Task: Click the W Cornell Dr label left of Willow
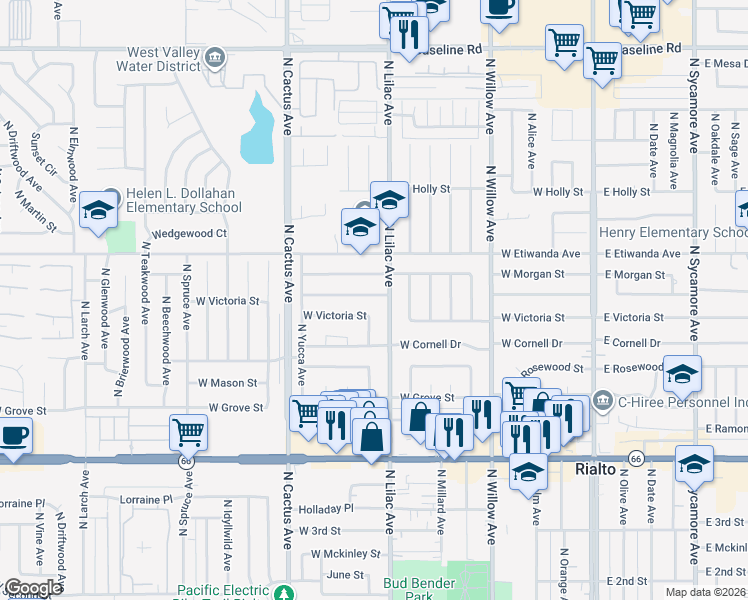(430, 344)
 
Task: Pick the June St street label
(345, 575)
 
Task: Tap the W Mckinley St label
(346, 553)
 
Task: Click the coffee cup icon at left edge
(14, 436)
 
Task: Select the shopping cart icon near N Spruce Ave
(188, 433)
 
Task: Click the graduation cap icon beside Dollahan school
(98, 211)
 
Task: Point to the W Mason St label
(227, 383)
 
